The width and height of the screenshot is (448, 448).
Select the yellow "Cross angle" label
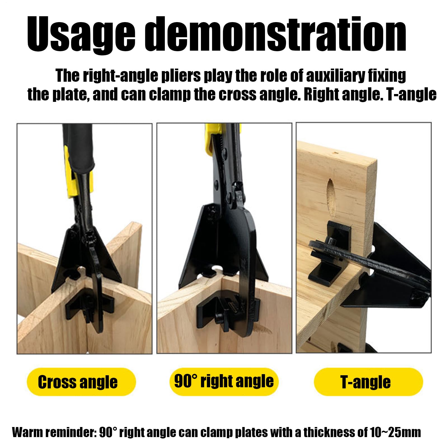tap(81, 382)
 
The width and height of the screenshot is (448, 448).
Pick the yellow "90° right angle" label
tap(224, 381)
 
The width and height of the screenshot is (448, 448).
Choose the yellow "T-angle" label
tap(368, 382)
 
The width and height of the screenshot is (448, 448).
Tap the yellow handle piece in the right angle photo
tap(213, 139)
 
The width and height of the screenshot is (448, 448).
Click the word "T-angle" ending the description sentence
tap(411, 95)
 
